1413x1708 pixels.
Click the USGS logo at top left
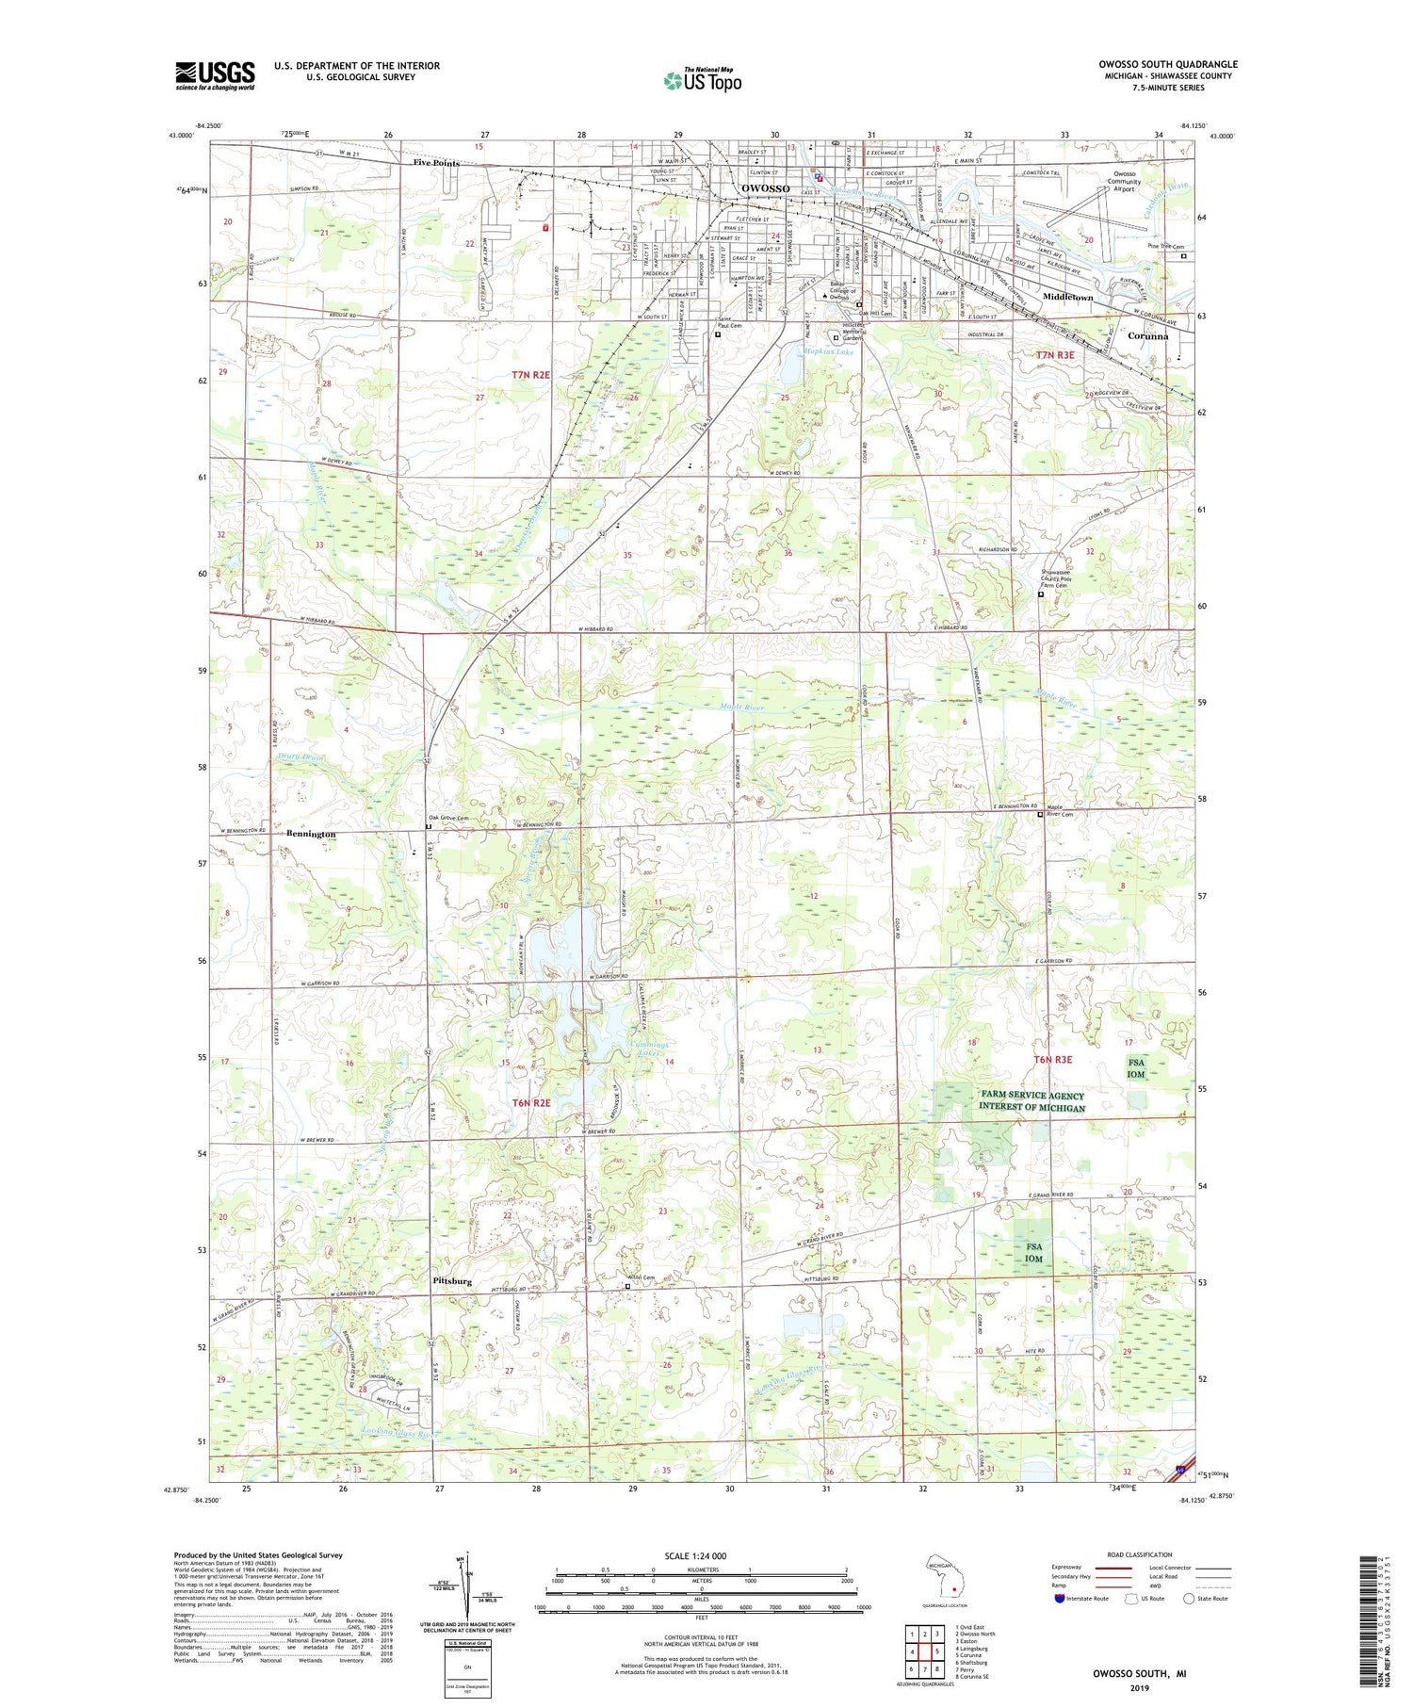tap(215, 75)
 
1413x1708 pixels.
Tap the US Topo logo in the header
tap(702, 81)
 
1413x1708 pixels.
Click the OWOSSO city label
tap(765, 189)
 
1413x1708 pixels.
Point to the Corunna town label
tap(1146, 335)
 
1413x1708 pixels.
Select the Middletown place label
tap(1067, 297)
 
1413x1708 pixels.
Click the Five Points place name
tap(436, 163)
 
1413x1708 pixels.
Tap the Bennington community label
tap(311, 835)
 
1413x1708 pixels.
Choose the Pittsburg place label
tap(452, 1281)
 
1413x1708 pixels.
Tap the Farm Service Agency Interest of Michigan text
tap(1032, 1101)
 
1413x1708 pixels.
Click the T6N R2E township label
tap(530, 1101)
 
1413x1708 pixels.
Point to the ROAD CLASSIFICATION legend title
tap(1140, 1554)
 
